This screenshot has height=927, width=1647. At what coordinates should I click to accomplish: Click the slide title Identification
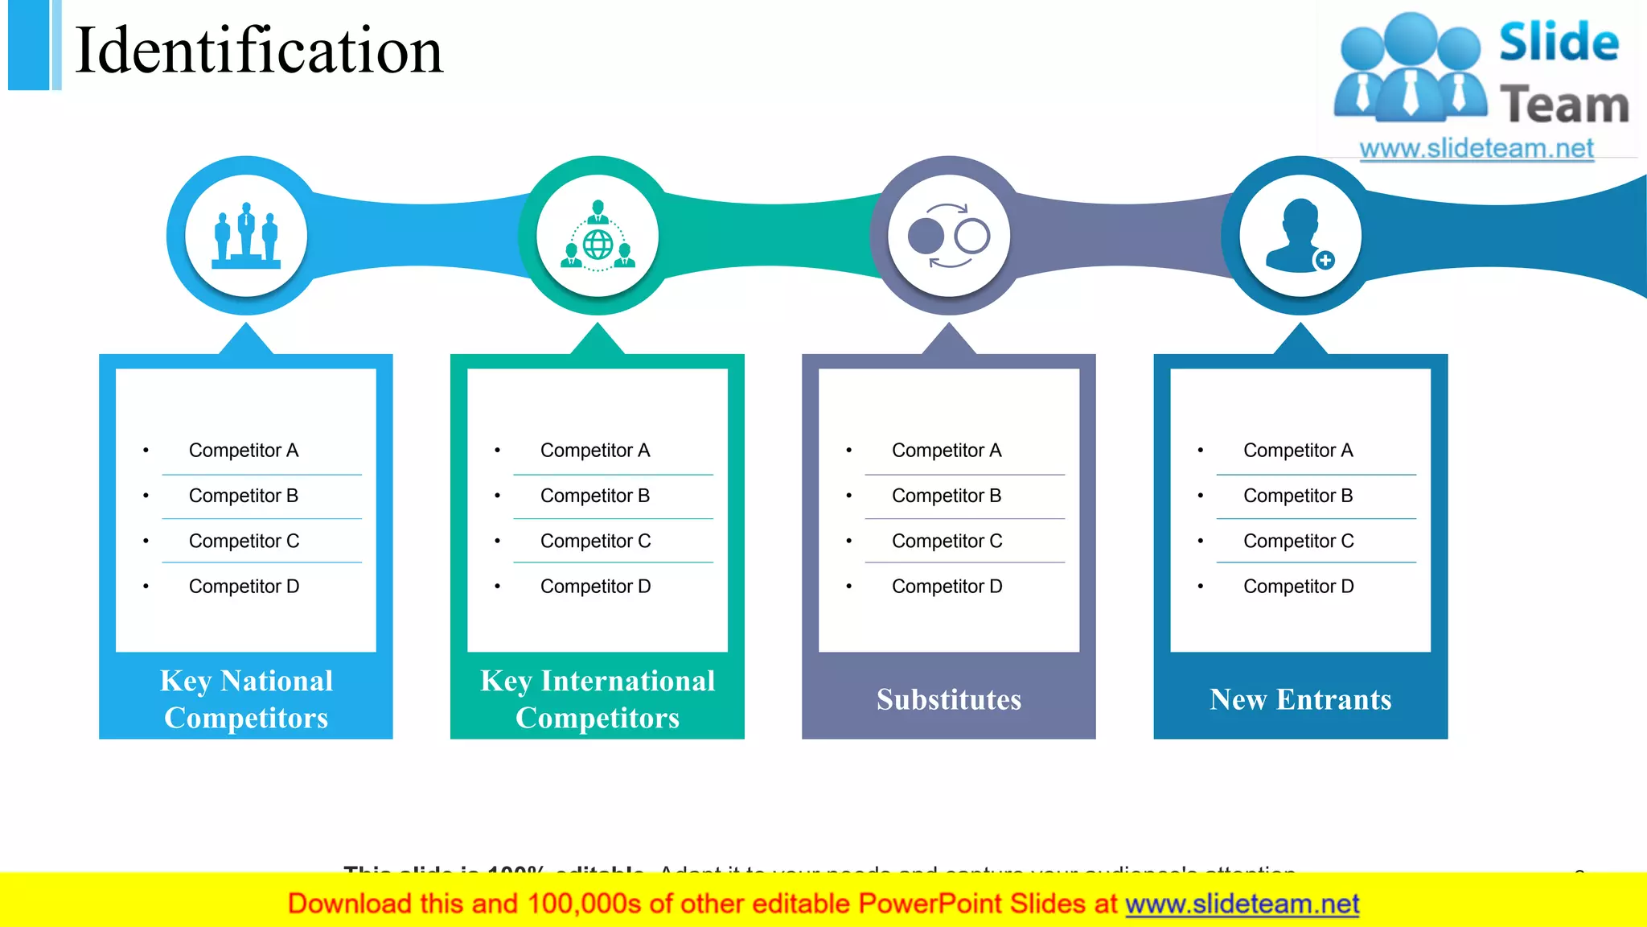pyautogui.click(x=258, y=51)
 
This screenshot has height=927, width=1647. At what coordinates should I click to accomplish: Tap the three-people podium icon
pyautogui.click(x=246, y=236)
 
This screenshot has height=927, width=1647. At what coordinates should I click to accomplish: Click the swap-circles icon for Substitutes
pyautogui.click(x=949, y=236)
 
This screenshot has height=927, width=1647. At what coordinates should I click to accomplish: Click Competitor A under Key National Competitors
pyautogui.click(x=244, y=451)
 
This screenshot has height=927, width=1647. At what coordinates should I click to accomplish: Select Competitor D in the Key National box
pyautogui.click(x=244, y=587)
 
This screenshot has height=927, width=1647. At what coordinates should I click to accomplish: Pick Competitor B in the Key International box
pyautogui.click(x=595, y=496)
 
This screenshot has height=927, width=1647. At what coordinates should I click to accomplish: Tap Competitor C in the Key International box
pyautogui.click(x=595, y=542)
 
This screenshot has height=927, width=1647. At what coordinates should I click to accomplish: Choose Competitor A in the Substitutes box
pyautogui.click(x=947, y=451)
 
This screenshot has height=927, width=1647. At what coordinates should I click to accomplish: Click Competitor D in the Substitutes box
pyautogui.click(x=947, y=587)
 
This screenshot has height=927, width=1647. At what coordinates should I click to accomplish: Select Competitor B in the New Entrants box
pyautogui.click(x=1298, y=496)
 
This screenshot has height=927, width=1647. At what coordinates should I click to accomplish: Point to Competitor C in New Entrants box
pyautogui.click(x=1298, y=542)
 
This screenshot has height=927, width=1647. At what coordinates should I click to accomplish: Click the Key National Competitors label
pyautogui.click(x=246, y=699)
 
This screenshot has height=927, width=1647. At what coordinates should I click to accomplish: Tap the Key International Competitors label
pyautogui.click(x=598, y=699)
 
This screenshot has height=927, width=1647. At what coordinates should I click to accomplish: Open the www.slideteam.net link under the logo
pyautogui.click(x=1477, y=149)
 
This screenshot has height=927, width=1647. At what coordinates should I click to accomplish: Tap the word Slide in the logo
pyautogui.click(x=1559, y=42)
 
